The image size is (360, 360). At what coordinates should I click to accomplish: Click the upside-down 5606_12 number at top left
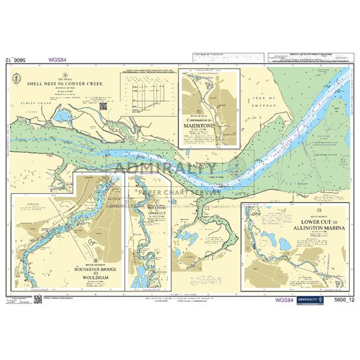[x=17, y=60]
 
